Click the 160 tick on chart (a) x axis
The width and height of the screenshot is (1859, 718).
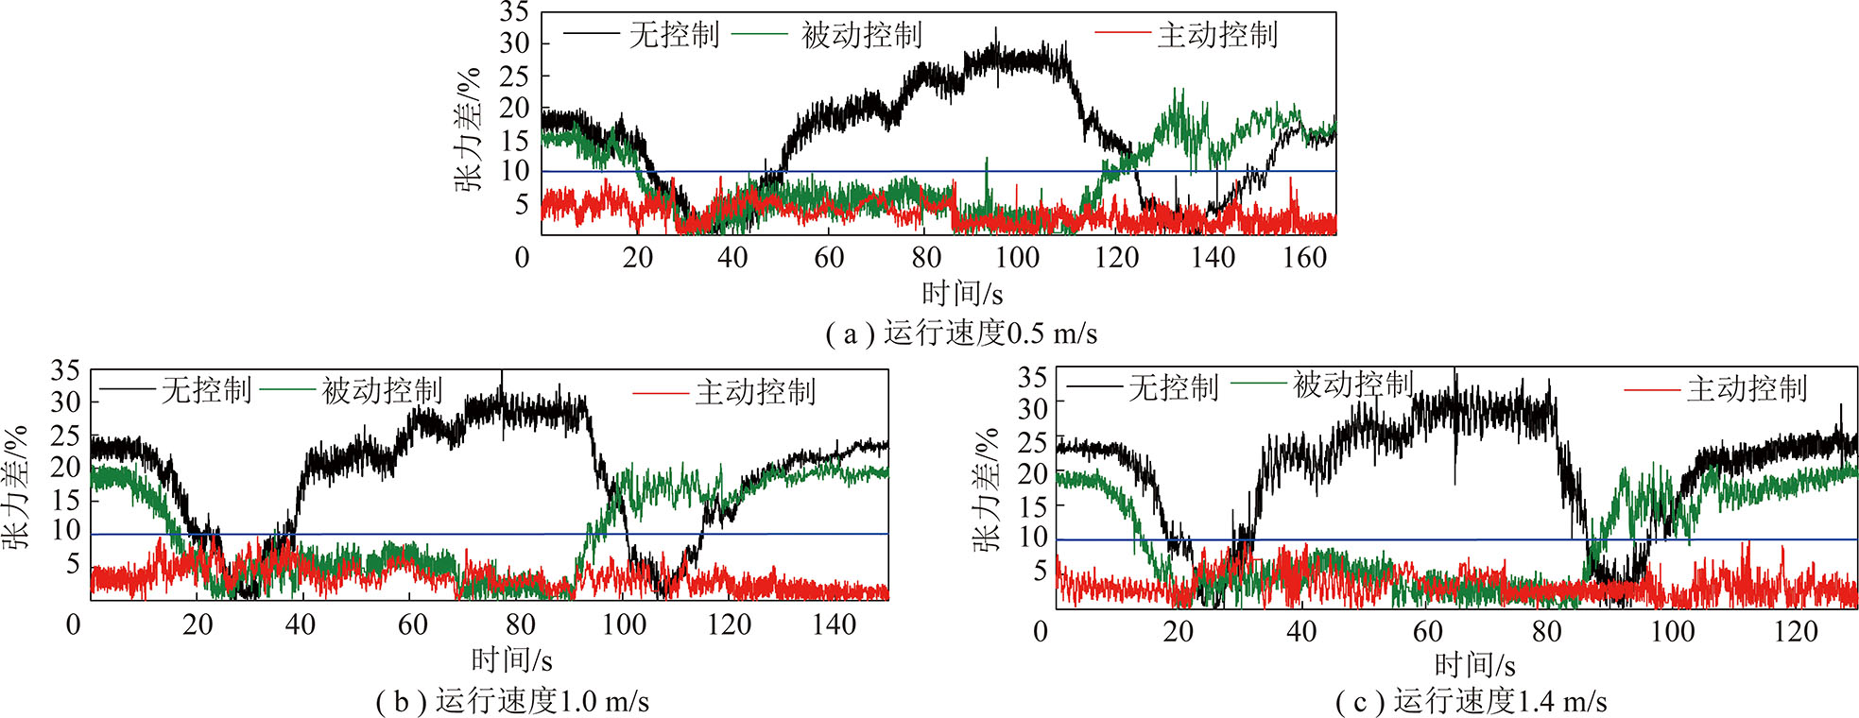1304,257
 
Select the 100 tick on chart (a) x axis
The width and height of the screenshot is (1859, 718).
1017,257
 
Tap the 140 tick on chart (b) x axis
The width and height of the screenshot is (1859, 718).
834,624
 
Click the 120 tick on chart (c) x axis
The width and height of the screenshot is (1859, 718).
1796,631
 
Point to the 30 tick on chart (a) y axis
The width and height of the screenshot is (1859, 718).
514,43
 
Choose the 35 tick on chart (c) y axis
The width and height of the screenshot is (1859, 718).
1032,378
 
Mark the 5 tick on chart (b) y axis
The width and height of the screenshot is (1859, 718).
72,565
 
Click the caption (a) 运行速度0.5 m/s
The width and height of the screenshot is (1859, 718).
961,333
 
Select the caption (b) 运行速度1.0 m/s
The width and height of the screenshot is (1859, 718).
512,701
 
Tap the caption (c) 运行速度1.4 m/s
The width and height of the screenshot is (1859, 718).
1471,702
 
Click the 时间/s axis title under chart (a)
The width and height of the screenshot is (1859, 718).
962,294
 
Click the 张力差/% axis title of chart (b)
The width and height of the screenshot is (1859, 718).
15,487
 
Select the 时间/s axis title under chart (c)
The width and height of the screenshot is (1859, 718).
1474,666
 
